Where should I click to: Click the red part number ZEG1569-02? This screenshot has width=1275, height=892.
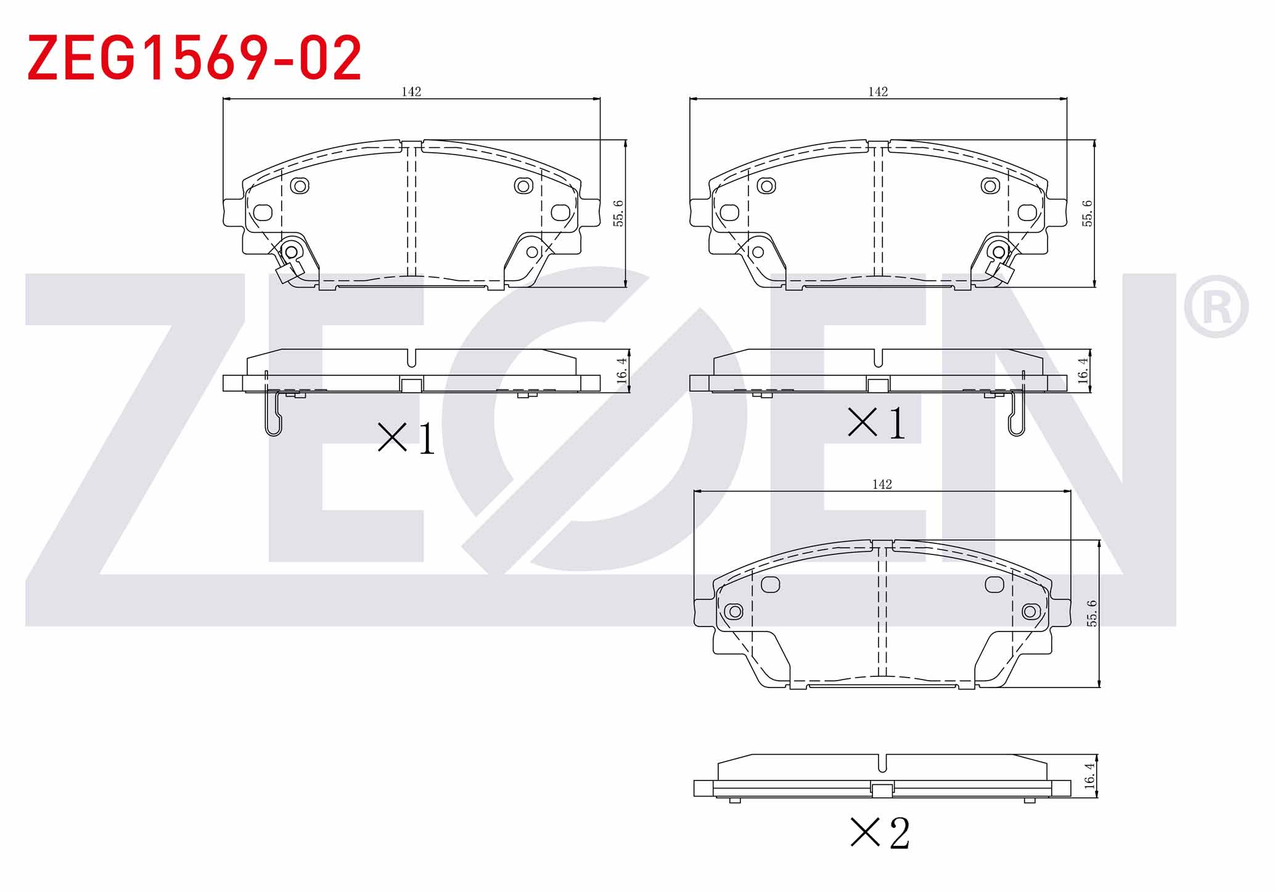pyautogui.click(x=194, y=58)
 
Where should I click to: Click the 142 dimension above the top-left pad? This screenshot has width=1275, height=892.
pyautogui.click(x=411, y=92)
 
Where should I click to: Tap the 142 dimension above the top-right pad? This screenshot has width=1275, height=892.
pyautogui.click(x=878, y=92)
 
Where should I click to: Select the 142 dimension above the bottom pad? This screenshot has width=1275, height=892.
pyautogui.click(x=882, y=484)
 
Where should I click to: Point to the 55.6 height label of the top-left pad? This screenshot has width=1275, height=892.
pyautogui.click(x=619, y=213)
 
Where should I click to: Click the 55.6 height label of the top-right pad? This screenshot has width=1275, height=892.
pyautogui.click(x=1088, y=213)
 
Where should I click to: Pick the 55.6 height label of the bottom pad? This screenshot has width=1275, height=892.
pyautogui.click(x=1093, y=613)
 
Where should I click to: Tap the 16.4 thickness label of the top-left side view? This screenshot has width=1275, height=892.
pyautogui.click(x=621, y=371)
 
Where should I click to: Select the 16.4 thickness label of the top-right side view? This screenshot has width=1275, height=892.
pyautogui.click(x=1083, y=371)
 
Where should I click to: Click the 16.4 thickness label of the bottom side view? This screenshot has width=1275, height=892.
pyautogui.click(x=1090, y=776)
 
